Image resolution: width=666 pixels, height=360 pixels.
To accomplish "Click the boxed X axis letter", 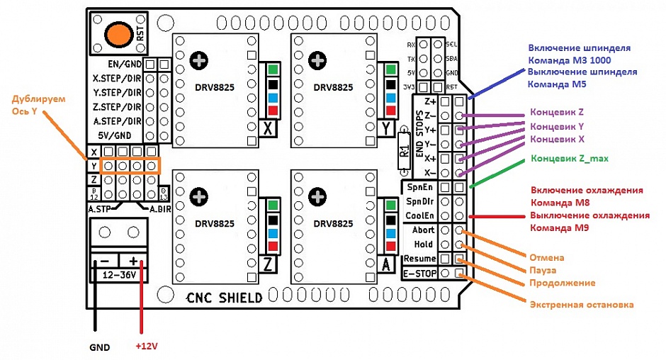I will click(269, 128).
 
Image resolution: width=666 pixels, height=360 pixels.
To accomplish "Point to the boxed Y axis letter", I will click(386, 128).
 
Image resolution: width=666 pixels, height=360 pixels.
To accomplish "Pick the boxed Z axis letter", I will click(269, 264).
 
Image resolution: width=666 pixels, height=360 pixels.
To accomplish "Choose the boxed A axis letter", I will click(386, 264).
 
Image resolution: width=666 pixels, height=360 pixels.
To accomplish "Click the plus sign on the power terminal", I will click(132, 260).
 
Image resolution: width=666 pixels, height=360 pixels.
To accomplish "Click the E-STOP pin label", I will click(418, 273).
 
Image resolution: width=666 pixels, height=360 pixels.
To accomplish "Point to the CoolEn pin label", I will click(419, 215).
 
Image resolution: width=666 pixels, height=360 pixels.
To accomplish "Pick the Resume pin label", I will click(419, 259).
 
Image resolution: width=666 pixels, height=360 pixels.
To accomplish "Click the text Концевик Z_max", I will click(570, 158).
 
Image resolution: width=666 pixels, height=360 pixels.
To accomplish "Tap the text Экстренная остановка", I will click(581, 305).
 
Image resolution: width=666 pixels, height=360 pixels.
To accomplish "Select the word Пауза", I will click(543, 270).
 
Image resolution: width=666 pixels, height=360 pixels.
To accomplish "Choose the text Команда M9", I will click(560, 228).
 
